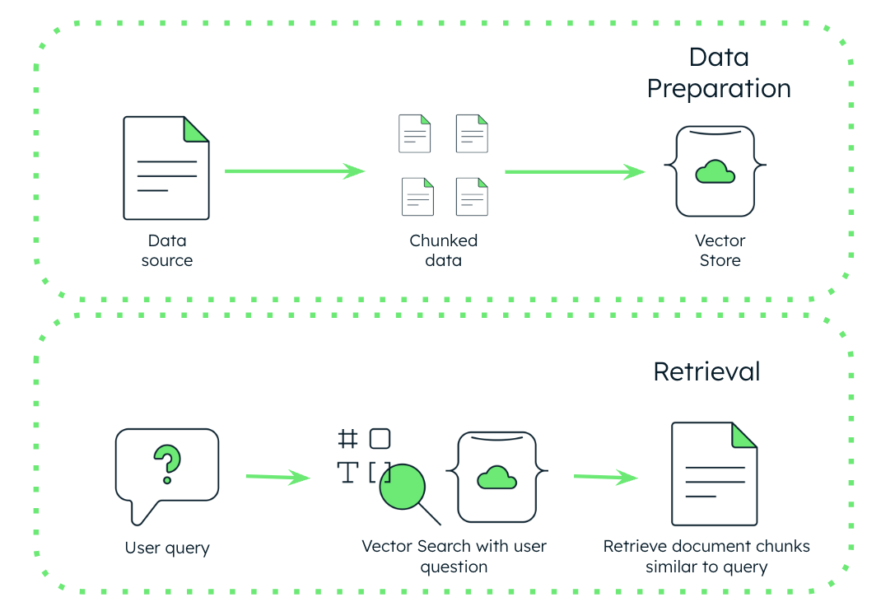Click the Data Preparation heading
tap(718, 73)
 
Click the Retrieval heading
tap(706, 371)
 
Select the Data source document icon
tap(166, 168)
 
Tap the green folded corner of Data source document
tap(196, 128)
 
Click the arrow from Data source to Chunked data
tap(294, 171)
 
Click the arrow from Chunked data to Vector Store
tap(574, 172)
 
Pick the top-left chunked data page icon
tap(415, 133)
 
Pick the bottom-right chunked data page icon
tap(473, 197)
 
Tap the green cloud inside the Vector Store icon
tap(715, 171)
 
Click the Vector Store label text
tap(720, 250)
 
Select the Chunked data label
tap(444, 250)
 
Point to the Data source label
tap(167, 250)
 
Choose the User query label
tap(167, 548)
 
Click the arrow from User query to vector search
tap(278, 477)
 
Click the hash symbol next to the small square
tap(348, 439)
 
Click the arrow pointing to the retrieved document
tap(605, 477)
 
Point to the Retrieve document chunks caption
tap(706, 557)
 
